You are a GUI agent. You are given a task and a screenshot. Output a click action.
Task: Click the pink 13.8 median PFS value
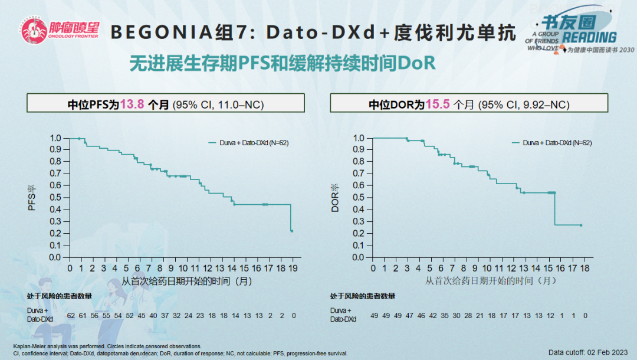tap(132, 104)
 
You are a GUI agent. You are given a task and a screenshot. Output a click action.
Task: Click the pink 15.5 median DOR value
tap(438, 104)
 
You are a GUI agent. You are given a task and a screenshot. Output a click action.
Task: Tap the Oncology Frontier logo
tap(58, 30)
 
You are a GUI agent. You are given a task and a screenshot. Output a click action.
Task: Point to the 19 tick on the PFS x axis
tap(293, 269)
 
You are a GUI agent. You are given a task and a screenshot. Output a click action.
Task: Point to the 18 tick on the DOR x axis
tap(585, 269)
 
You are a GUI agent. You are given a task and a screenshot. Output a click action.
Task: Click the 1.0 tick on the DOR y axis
tap(358, 138)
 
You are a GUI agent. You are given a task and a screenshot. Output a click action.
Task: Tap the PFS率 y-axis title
tap(33, 198)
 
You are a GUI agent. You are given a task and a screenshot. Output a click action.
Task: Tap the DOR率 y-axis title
tap(335, 198)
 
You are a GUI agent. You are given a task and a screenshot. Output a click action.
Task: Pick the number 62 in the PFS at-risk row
tap(71, 315)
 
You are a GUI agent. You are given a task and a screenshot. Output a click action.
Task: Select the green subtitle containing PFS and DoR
tap(283, 63)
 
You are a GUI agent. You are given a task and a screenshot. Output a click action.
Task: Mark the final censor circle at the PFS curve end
tap(292, 231)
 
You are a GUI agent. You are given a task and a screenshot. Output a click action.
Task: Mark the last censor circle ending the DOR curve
tap(580, 225)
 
